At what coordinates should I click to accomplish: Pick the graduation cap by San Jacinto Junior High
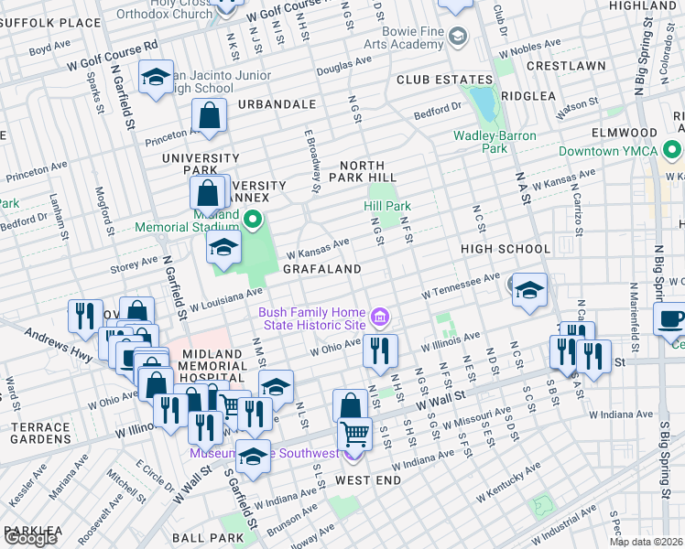point(157,77)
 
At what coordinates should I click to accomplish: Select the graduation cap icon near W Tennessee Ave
point(529,289)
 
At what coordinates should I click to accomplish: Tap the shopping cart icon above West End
point(355,433)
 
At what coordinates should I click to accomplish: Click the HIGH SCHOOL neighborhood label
point(506,249)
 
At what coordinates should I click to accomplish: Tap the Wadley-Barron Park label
point(493,142)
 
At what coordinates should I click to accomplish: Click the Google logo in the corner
point(30,537)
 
